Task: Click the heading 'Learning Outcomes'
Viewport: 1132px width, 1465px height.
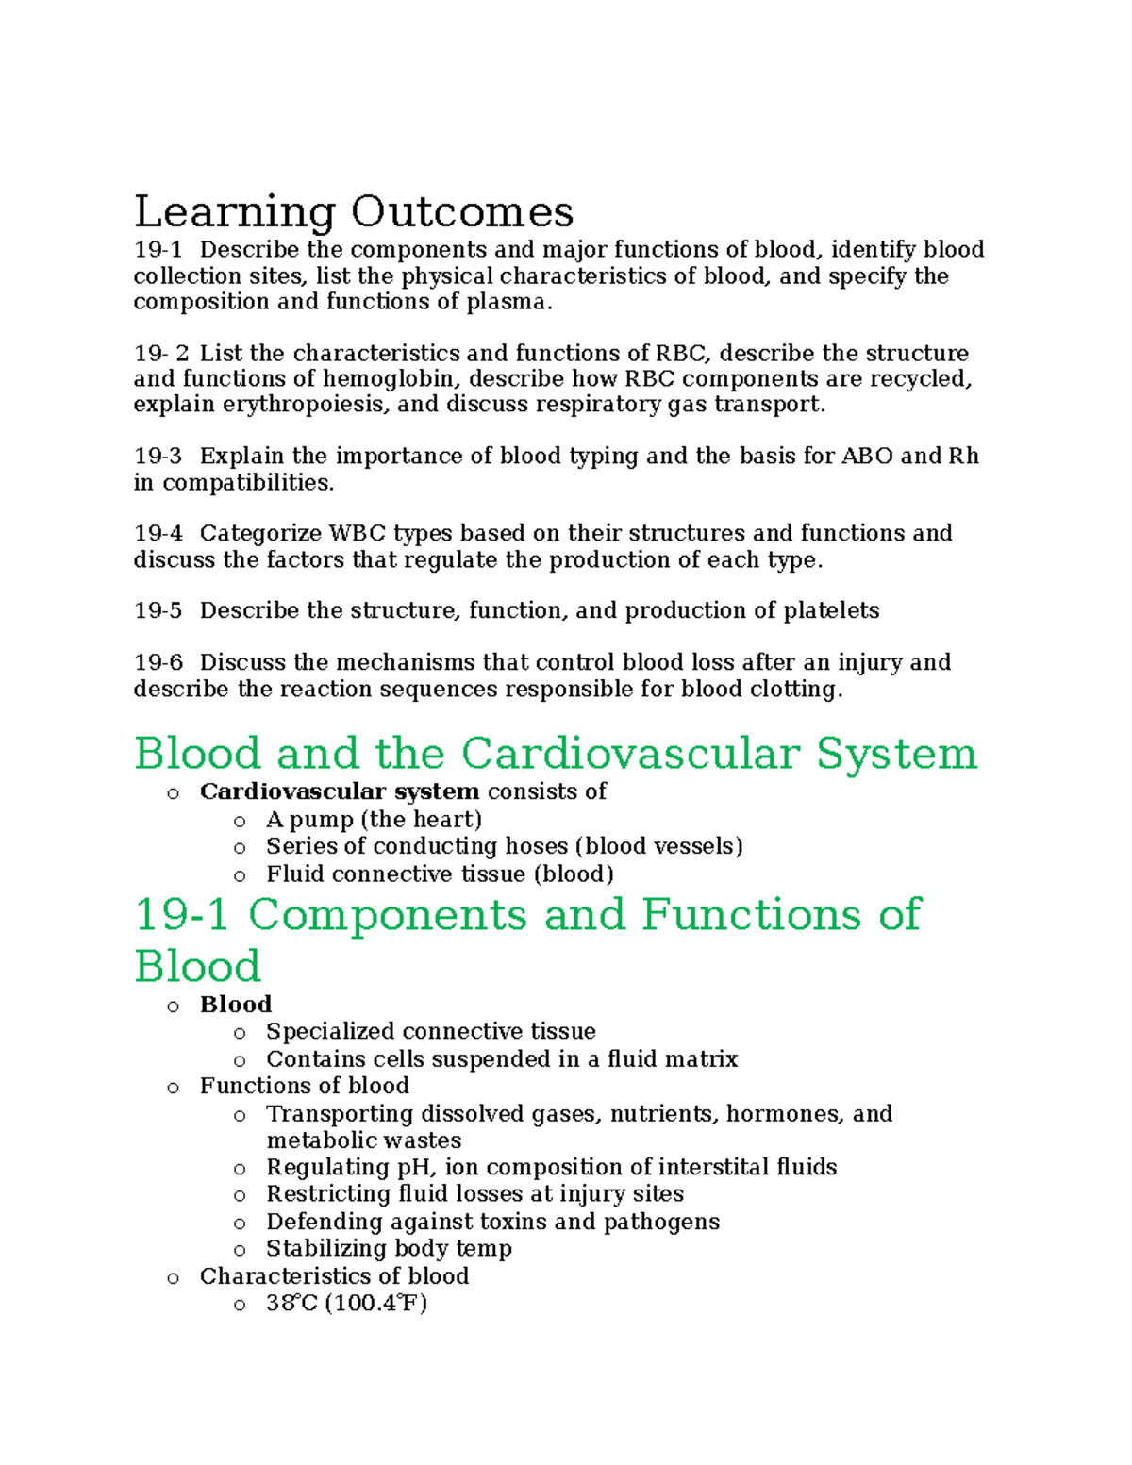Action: tap(354, 211)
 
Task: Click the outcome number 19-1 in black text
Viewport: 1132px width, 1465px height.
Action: tap(158, 250)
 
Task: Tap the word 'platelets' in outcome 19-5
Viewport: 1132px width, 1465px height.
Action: tap(831, 611)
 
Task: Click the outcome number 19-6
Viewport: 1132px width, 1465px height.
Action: tap(158, 663)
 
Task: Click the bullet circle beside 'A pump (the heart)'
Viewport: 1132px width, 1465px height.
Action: tap(240, 821)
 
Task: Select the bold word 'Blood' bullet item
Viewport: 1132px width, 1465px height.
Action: tap(235, 1005)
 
